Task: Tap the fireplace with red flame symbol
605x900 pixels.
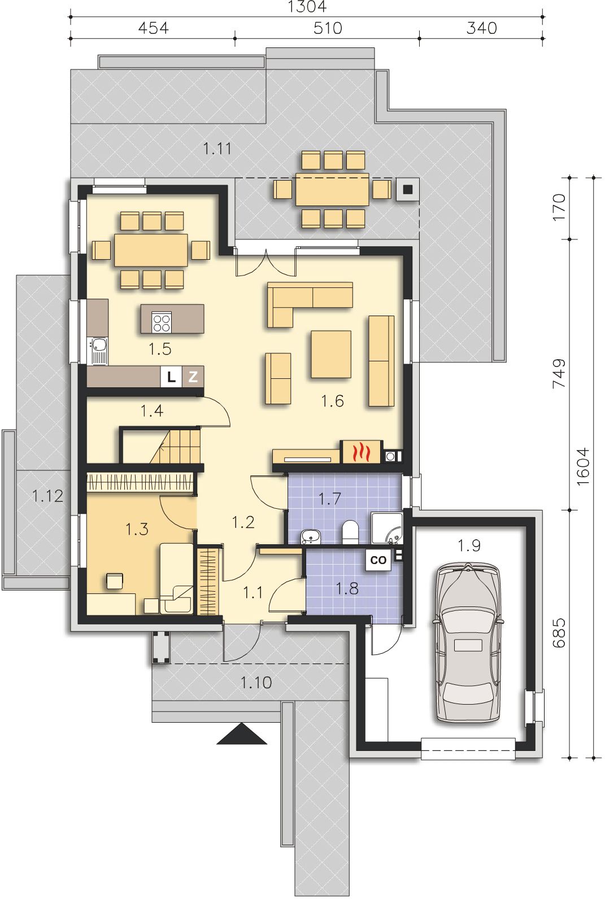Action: [362, 452]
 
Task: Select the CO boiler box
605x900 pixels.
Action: [378, 560]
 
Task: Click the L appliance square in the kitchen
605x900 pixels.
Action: [171, 377]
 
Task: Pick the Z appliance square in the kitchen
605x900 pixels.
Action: [193, 377]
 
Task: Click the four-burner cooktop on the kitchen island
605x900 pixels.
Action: [162, 322]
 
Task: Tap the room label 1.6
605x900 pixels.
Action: [333, 401]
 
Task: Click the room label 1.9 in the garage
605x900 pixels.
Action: [469, 545]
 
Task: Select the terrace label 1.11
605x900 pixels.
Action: [217, 148]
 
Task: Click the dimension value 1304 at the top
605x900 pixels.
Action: [307, 6]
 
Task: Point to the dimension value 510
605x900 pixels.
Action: [328, 28]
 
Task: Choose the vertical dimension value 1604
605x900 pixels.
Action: [583, 467]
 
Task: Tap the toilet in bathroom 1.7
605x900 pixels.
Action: [350, 532]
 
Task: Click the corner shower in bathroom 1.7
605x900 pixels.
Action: [387, 528]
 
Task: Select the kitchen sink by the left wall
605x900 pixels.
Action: [98, 351]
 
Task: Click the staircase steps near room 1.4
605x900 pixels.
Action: [176, 445]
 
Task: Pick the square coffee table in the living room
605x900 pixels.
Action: [331, 354]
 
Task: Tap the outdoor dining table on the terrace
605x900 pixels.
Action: [332, 189]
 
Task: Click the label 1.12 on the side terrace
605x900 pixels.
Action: [48, 496]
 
